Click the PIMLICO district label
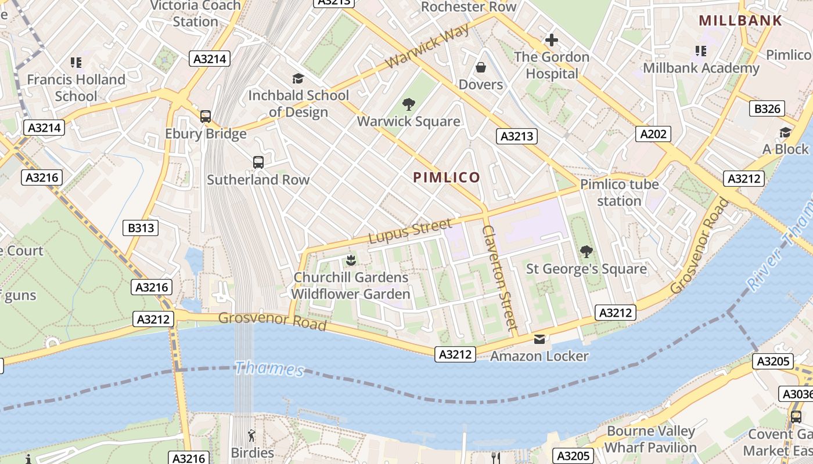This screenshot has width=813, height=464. coord(447,177)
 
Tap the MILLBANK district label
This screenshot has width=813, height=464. coord(740,20)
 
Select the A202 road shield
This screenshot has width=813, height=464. coord(653,135)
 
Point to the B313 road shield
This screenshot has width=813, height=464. coord(141,228)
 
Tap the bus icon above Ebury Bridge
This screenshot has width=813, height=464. coord(206,116)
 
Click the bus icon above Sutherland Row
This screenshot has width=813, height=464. coord(258,162)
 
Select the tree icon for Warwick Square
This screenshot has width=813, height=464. coord(409,104)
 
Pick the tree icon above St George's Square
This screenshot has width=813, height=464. coord(587,252)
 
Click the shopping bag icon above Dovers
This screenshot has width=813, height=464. coord(481,67)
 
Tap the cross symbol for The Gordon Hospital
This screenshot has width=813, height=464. coord(551,40)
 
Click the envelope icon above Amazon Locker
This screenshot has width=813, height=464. coord(539,339)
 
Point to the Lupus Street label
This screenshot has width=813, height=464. coord(410,231)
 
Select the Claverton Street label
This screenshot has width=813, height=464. coord(499,278)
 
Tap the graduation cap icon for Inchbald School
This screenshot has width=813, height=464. coord(298,78)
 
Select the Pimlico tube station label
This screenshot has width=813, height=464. coord(620,193)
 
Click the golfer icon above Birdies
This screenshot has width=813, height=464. coord(251,435)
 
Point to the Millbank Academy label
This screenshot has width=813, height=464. coord(701,68)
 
